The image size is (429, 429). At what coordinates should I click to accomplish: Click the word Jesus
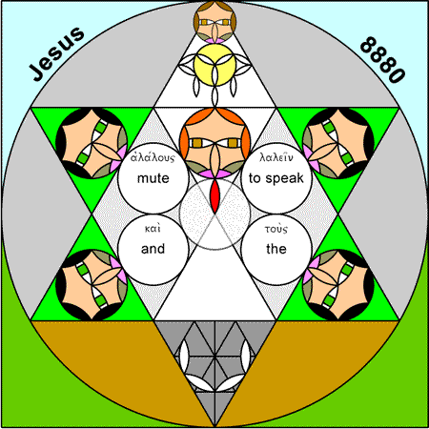click(57, 53)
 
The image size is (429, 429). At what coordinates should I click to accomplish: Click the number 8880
click(382, 60)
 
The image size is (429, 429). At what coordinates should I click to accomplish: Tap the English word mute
click(153, 178)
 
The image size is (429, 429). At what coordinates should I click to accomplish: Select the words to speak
click(276, 178)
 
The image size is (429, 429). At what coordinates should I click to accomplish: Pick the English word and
click(153, 249)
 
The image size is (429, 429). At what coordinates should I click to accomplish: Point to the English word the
click(276, 249)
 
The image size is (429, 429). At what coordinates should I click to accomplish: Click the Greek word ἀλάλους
click(153, 157)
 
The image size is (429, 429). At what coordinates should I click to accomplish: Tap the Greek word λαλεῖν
click(276, 157)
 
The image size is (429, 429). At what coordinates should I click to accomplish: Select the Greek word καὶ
click(153, 229)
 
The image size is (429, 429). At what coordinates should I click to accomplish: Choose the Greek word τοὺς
click(276, 229)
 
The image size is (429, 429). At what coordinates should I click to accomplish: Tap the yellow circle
click(214, 65)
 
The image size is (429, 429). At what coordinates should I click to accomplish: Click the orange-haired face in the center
click(214, 143)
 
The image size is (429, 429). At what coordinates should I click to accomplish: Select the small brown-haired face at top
click(214, 22)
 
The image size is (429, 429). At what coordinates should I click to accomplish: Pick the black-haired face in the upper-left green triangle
click(92, 143)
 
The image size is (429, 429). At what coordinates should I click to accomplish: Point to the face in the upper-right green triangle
click(338, 143)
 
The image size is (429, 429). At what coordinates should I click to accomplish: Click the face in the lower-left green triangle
click(92, 285)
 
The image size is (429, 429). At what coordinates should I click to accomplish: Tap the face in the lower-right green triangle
click(338, 285)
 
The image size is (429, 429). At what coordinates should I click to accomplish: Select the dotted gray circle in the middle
click(214, 214)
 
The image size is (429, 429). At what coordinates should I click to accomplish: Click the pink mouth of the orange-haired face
click(214, 174)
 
